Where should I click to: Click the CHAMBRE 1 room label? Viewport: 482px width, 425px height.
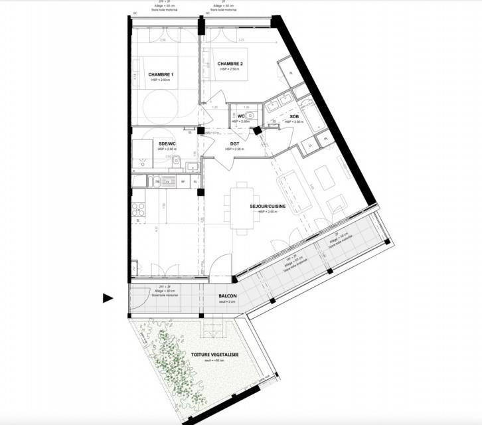pos(161,74)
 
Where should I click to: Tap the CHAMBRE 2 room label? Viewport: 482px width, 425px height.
pos(230,64)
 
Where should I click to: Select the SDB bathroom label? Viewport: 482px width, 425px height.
pos(294,117)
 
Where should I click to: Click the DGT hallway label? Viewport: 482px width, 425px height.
pos(234,143)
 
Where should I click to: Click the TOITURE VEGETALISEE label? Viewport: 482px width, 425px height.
pos(215,355)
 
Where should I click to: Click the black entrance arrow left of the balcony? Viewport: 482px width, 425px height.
pos(108,298)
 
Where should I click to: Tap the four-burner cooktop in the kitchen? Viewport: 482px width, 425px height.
pos(140,211)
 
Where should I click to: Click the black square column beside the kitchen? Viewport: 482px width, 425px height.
pos(200,193)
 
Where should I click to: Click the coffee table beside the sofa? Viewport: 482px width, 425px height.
pos(324,177)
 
